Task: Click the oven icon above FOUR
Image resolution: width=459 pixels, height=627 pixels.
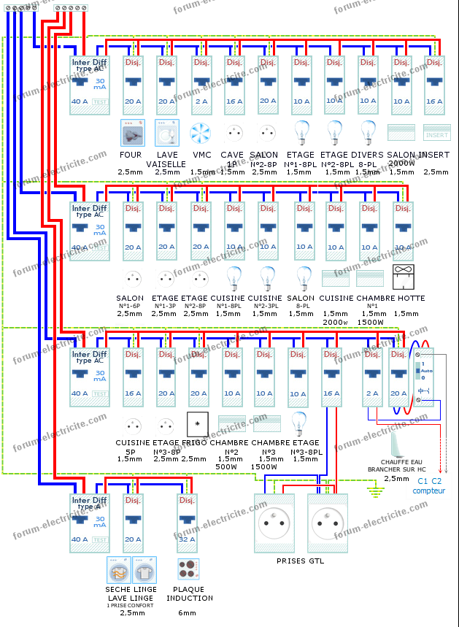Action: click(x=133, y=133)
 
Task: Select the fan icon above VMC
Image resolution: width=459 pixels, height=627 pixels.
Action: click(x=200, y=133)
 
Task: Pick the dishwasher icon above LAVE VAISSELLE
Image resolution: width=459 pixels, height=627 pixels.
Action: click(x=166, y=133)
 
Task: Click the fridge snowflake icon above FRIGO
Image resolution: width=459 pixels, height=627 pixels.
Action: click(x=197, y=423)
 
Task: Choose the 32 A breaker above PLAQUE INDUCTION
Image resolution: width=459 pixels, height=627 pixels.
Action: click(x=188, y=523)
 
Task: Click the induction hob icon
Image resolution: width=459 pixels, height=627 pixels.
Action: click(x=188, y=569)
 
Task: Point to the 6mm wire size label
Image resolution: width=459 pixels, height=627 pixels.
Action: click(x=188, y=612)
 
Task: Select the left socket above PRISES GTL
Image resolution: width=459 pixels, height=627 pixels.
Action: click(x=274, y=523)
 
